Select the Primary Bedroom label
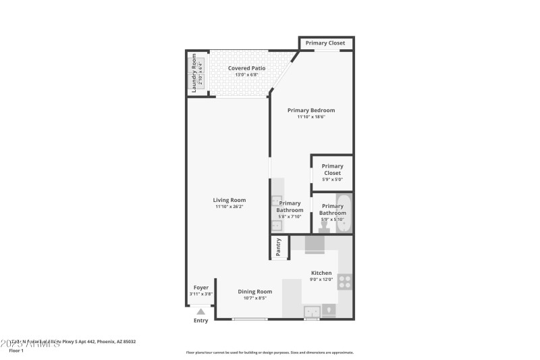pyautogui.click(x=310, y=110)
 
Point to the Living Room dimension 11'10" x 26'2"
pyautogui.click(x=230, y=207)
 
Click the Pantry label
pyautogui.click(x=278, y=247)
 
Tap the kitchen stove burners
pyautogui.click(x=344, y=281)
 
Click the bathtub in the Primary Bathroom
pyautogui.click(x=344, y=213)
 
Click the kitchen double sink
pyautogui.click(x=313, y=312)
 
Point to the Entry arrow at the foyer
pyautogui.click(x=200, y=311)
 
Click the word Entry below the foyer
pyautogui.click(x=200, y=321)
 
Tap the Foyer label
pyautogui.click(x=200, y=288)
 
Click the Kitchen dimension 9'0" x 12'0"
pyautogui.click(x=321, y=280)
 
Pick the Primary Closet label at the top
pyautogui.click(x=325, y=43)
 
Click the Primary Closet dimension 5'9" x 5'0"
pyautogui.click(x=331, y=180)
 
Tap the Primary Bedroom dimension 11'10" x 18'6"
pyautogui.click(x=310, y=117)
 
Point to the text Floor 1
pyautogui.click(x=16, y=351)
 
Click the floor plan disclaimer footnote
pyautogui.click(x=269, y=352)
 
